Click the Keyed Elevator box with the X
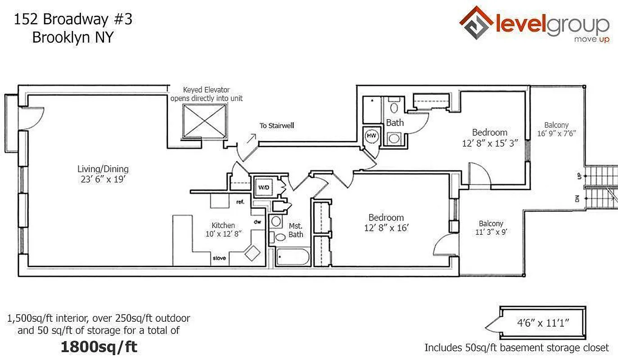point(204,121)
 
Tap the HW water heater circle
point(371,135)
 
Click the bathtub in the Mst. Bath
point(292,257)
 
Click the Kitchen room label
point(223,225)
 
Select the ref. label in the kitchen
point(239,202)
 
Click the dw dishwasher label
point(258,221)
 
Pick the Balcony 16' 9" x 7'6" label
point(556,129)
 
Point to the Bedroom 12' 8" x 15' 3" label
point(489,137)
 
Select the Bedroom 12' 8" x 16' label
point(386,223)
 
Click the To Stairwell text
point(276,126)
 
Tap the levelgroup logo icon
point(475,22)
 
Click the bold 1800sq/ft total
point(99,346)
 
